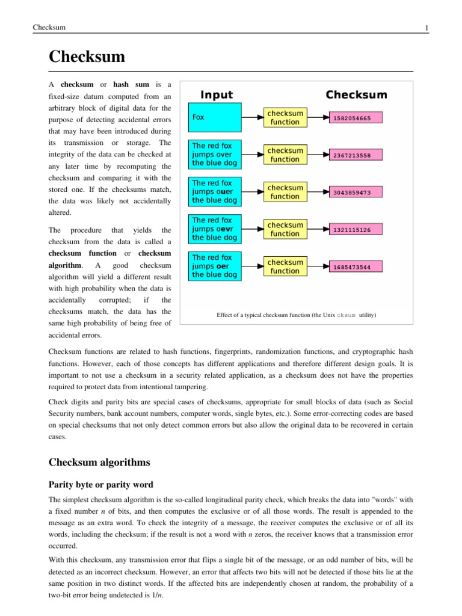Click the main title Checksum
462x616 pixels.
[87, 57]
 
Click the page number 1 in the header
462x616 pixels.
[426, 28]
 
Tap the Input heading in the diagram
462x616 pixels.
[216, 95]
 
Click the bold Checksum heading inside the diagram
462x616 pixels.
[356, 95]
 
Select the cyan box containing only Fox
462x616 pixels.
[215, 117]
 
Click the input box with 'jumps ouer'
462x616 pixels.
[215, 192]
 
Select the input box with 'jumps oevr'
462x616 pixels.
[215, 229]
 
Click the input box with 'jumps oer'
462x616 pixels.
[215, 266]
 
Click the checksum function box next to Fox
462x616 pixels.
[285, 117]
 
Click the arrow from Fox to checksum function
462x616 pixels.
[252, 117]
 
